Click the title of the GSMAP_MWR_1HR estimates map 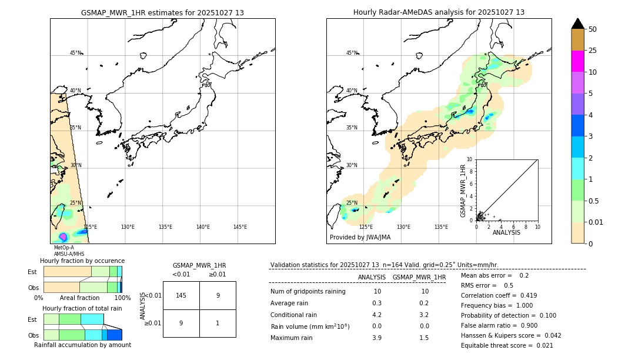click(162, 12)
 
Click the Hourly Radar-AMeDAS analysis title click(439, 12)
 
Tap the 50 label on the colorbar click(593, 29)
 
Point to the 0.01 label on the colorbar click(596, 222)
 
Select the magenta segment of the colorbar click(577, 61)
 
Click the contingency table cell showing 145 click(181, 295)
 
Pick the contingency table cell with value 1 click(218, 323)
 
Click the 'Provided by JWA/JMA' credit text click(360, 237)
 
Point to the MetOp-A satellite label click(63, 248)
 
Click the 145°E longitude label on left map click(240, 227)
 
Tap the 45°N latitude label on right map click(352, 53)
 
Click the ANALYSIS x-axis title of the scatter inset click(506, 232)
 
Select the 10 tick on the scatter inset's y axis click(470, 159)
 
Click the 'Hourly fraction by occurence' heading click(82, 261)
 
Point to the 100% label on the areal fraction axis click(122, 298)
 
